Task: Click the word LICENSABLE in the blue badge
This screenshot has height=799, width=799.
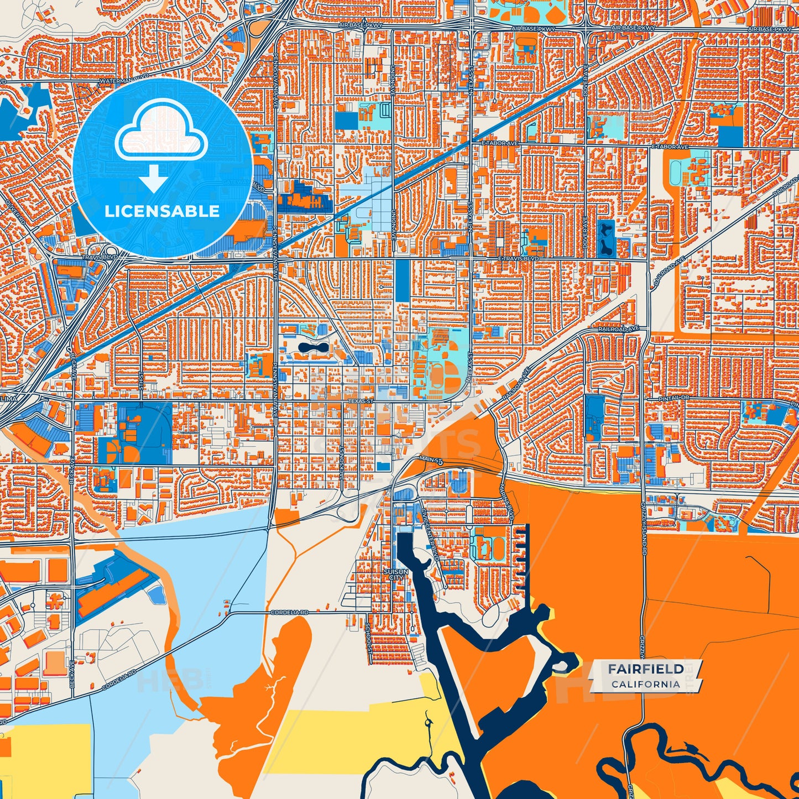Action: pyautogui.click(x=162, y=211)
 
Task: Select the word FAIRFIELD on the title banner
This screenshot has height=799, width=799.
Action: pyautogui.click(x=646, y=669)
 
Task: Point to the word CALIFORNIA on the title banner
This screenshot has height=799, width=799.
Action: pyautogui.click(x=646, y=684)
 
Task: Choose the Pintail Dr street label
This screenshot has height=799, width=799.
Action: pyautogui.click(x=674, y=398)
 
